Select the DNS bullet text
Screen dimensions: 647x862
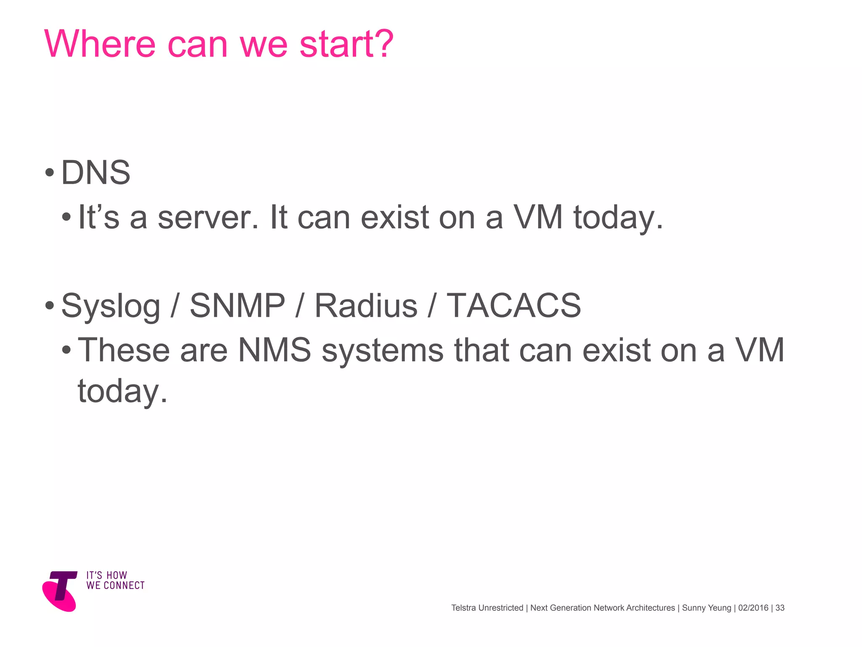click(x=96, y=173)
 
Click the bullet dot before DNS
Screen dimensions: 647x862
click(x=50, y=173)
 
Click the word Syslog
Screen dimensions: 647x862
click(x=111, y=306)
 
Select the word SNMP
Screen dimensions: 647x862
click(x=237, y=305)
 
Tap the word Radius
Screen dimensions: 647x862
click(x=366, y=305)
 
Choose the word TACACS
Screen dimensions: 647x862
click(x=513, y=305)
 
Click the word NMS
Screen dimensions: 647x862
click(x=274, y=350)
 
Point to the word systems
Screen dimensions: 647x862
click(x=383, y=351)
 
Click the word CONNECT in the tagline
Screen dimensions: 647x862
click(x=124, y=586)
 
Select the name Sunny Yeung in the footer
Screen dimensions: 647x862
click(x=707, y=608)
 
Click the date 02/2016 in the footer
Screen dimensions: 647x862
click(x=753, y=608)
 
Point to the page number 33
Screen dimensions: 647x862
click(x=780, y=608)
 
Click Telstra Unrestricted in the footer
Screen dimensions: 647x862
click(x=487, y=608)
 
